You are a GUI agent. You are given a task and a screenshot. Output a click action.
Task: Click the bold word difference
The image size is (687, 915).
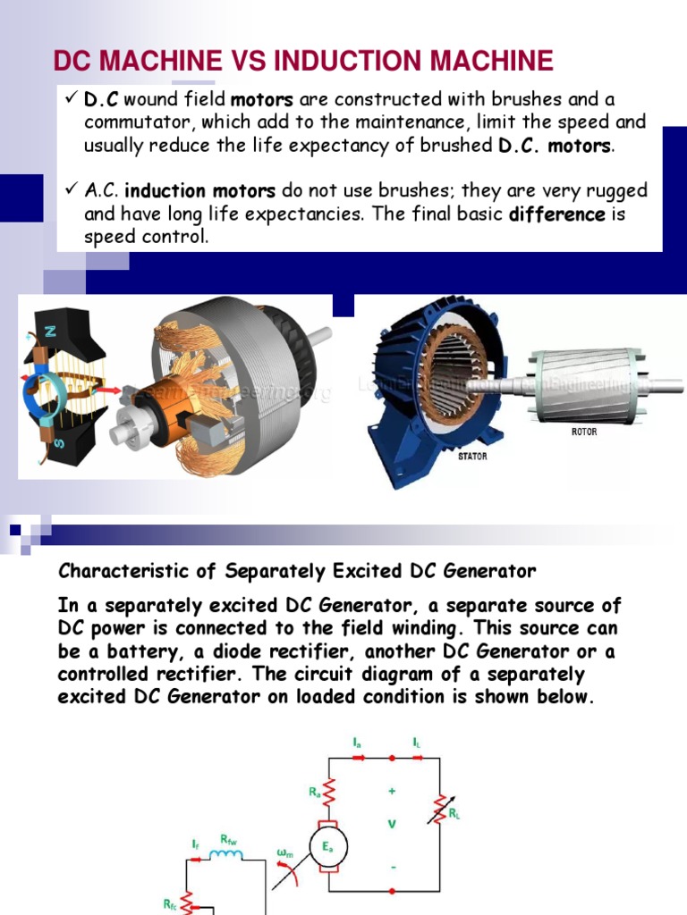pyautogui.click(x=557, y=214)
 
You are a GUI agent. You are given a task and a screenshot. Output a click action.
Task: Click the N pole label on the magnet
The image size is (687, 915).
pyautogui.click(x=51, y=331)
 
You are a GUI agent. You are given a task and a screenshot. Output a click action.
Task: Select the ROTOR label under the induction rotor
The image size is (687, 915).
pyautogui.click(x=584, y=432)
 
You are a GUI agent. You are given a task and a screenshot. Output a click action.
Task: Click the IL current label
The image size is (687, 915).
pyautogui.click(x=417, y=742)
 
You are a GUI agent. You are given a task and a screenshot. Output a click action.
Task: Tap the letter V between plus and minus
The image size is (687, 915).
pyautogui.click(x=391, y=825)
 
